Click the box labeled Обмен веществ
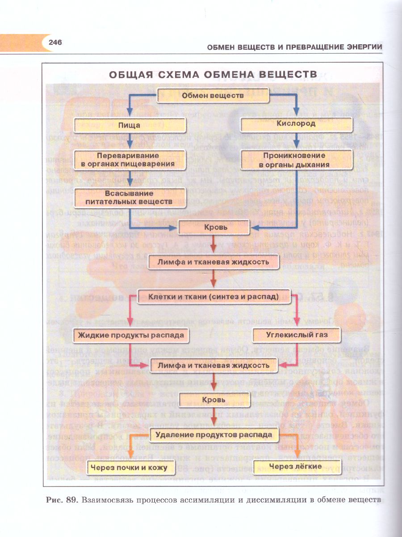point(213,96)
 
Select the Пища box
point(130,125)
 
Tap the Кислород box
point(296,124)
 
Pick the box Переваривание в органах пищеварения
point(130,160)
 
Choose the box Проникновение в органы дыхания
point(297,160)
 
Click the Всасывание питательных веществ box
point(130,197)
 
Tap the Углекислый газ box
point(297,334)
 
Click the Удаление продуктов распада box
point(214,434)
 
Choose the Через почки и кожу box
point(129,467)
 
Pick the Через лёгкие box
point(296,466)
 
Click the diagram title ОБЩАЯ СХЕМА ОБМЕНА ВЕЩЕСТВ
point(213,74)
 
